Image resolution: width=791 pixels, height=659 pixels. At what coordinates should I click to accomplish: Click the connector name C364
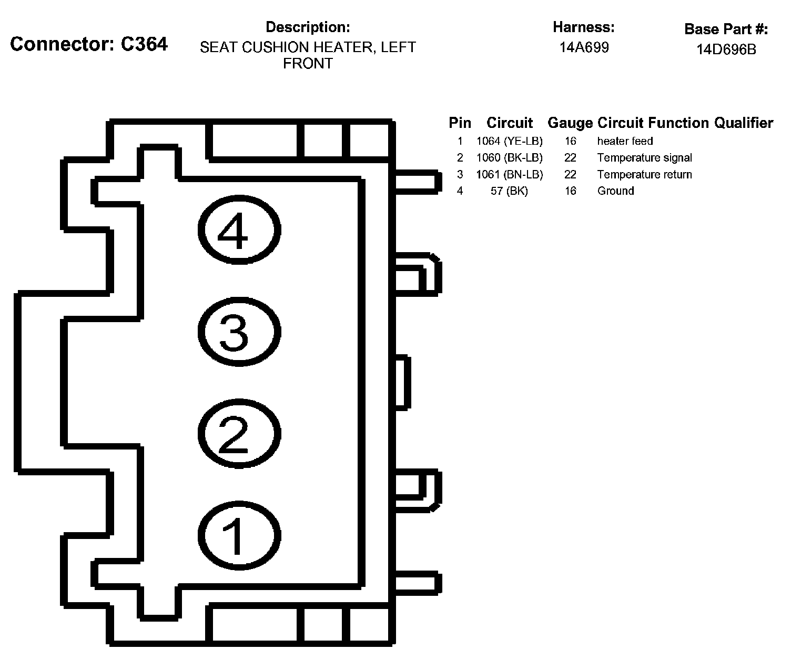click(144, 44)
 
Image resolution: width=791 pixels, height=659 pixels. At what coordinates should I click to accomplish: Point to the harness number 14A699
click(584, 48)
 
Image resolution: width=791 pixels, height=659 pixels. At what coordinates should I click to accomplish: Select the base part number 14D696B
click(726, 49)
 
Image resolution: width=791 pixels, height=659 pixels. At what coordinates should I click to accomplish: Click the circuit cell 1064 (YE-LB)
click(509, 141)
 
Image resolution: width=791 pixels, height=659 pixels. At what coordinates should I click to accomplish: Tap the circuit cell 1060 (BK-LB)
click(509, 158)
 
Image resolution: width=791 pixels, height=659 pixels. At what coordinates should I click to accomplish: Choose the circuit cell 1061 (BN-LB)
click(509, 174)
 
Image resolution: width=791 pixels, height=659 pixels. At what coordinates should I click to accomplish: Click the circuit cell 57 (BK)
click(509, 191)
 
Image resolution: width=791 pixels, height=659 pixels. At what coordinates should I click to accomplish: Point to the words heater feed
click(625, 141)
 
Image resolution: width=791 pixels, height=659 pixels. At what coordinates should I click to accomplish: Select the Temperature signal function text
click(644, 158)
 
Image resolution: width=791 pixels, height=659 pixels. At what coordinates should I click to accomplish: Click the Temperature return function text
click(644, 174)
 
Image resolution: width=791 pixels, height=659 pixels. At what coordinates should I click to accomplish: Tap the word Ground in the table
click(615, 191)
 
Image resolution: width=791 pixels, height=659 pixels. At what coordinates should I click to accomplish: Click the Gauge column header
click(570, 123)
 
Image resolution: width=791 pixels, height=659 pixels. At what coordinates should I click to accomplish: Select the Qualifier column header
click(743, 123)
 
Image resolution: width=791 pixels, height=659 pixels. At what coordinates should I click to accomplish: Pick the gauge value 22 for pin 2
click(570, 158)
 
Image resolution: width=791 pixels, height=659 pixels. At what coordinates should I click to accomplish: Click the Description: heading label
click(308, 27)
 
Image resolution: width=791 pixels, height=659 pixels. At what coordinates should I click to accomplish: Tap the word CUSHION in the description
click(276, 47)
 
